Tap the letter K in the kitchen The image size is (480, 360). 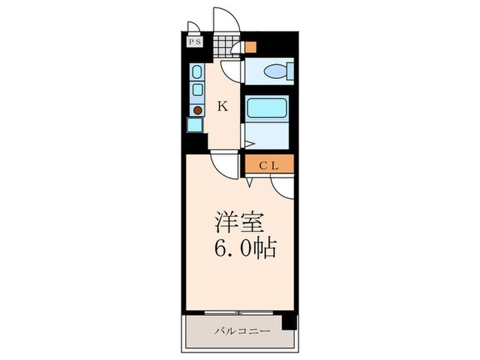[222, 106]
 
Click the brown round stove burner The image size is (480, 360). [197, 110]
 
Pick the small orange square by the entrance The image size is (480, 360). [251, 47]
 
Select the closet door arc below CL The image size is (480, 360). [282, 185]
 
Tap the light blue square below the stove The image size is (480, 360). [195, 125]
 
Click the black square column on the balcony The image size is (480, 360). [290, 320]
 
